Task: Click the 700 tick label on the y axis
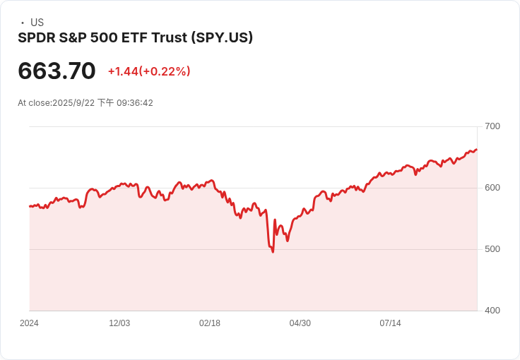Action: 492,126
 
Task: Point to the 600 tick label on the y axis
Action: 492,188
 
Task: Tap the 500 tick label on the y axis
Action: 492,249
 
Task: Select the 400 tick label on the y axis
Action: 492,311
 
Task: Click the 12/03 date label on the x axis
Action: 119,323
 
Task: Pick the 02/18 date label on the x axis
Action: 210,323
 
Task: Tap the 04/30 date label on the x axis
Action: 300,323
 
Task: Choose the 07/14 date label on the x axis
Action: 391,323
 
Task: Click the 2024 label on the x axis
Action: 29,323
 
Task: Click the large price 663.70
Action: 57,71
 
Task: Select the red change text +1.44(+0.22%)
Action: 149,71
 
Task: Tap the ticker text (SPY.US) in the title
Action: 222,37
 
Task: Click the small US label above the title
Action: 37,23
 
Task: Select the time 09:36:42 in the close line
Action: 135,103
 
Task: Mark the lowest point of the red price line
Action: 273,252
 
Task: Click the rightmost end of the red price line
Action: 477,150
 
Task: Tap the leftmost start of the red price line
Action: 30,206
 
